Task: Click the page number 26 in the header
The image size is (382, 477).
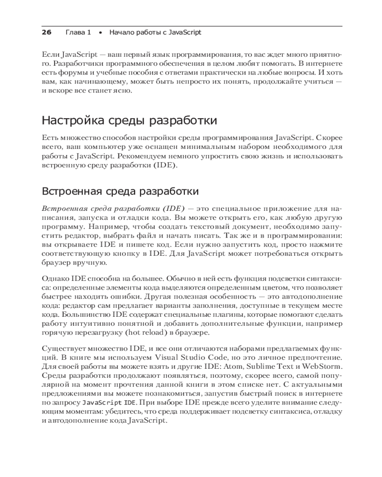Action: click(46, 32)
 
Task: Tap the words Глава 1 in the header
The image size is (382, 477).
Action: click(78, 32)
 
